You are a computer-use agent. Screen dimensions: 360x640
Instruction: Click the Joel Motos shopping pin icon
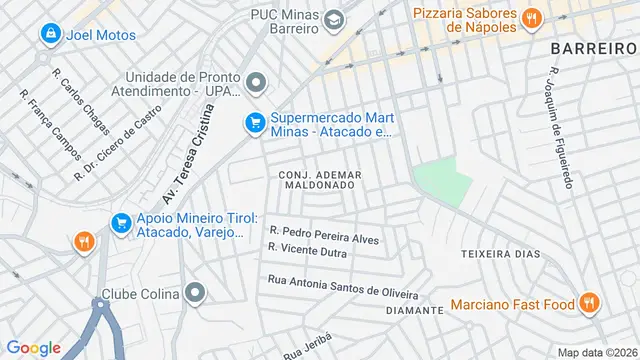49,35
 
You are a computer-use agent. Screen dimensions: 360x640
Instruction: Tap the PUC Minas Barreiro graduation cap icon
333,19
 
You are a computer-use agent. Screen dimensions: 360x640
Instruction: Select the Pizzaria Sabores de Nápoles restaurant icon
532,17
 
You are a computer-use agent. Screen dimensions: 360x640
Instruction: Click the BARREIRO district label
593,48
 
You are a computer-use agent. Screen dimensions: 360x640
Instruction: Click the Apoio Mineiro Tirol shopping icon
121,223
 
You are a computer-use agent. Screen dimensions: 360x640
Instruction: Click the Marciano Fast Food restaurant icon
589,303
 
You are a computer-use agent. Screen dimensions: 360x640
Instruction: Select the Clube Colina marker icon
195,294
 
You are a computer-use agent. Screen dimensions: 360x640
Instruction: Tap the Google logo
33,347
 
